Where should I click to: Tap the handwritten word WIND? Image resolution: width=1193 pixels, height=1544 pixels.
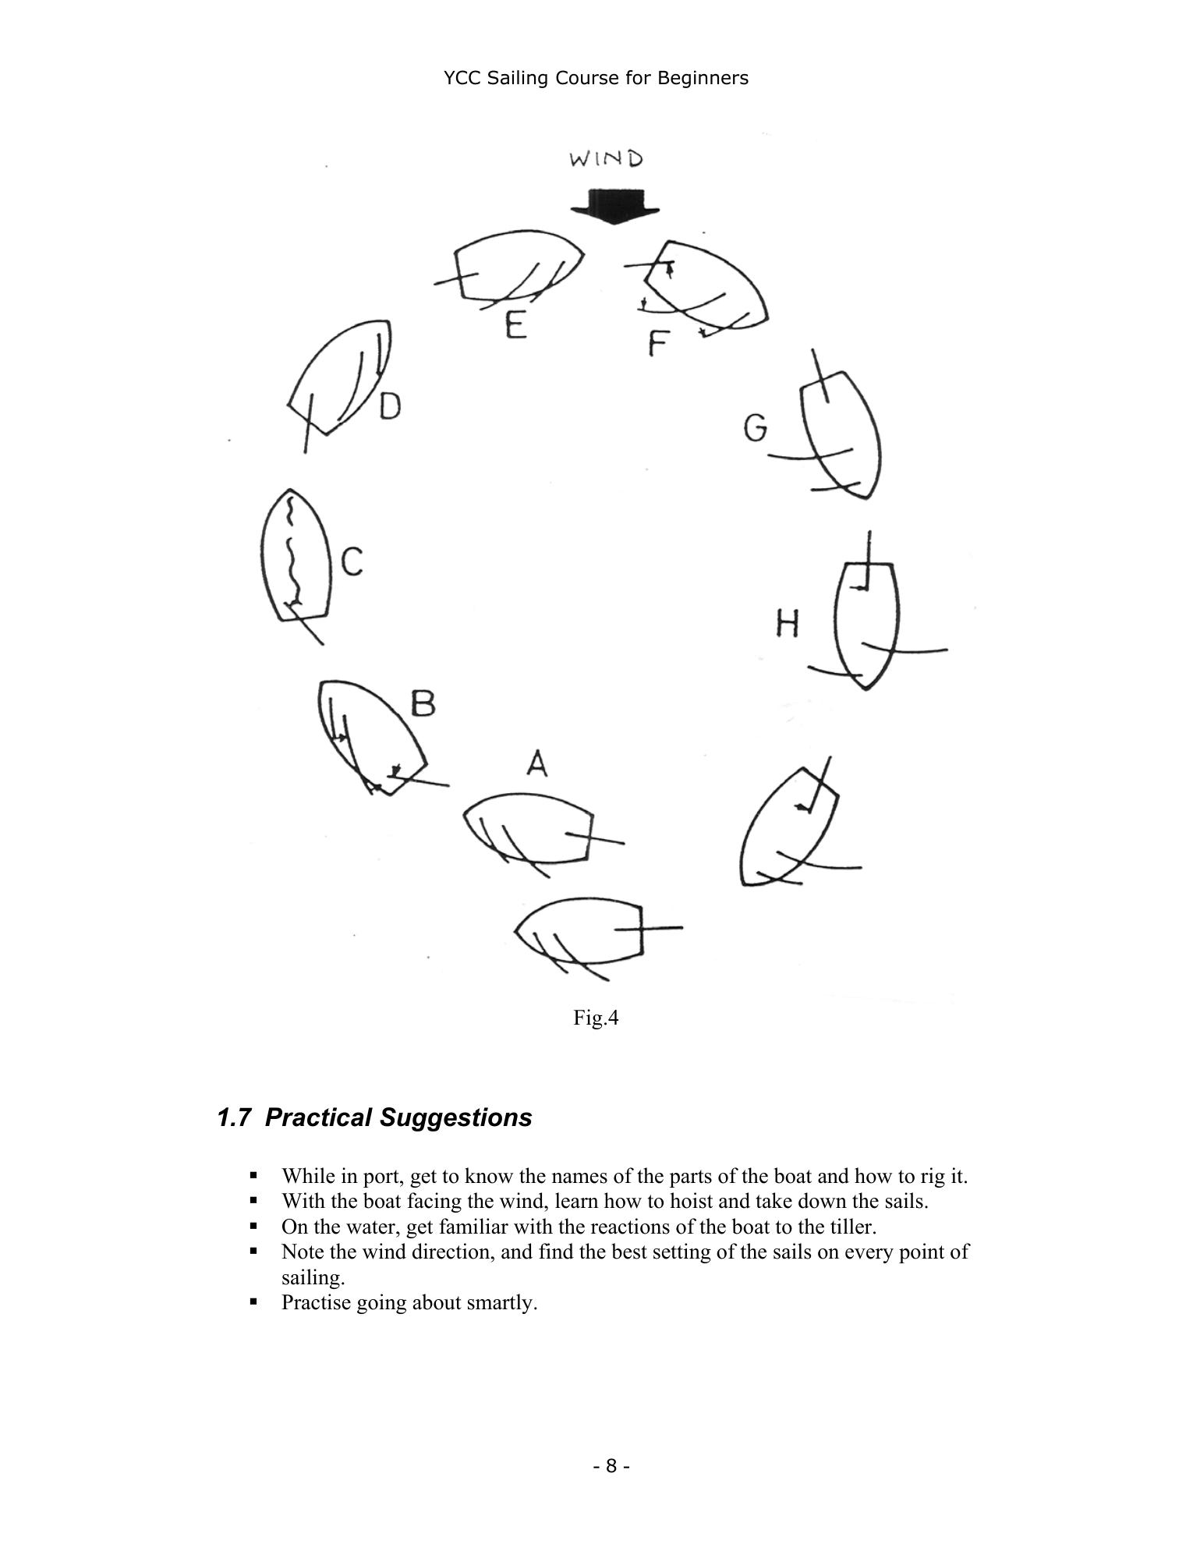(607, 159)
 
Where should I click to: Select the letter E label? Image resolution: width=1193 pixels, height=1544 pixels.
(515, 324)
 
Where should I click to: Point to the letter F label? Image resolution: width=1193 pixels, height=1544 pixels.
(659, 343)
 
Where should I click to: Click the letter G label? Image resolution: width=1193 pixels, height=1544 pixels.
(755, 428)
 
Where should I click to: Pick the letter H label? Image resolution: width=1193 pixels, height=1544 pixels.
(788, 624)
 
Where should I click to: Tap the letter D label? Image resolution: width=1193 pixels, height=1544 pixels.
(390, 406)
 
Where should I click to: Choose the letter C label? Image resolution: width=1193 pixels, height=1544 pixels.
(352, 561)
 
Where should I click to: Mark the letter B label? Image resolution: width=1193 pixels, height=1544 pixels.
(423, 704)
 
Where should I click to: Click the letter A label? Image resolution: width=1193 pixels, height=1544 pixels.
(536, 764)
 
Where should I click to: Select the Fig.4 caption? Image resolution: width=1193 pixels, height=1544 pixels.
(596, 1018)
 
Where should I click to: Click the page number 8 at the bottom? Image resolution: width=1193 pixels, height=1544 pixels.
(611, 1466)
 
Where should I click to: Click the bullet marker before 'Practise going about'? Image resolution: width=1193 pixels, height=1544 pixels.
(253, 1301)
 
